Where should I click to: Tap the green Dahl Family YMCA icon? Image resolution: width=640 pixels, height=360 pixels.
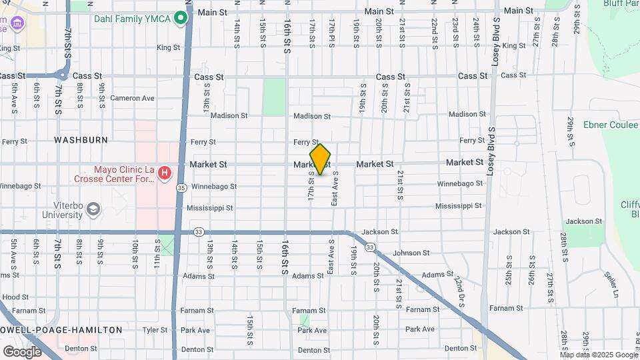[x=179, y=18]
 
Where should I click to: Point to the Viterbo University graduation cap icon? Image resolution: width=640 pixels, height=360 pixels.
[x=93, y=209]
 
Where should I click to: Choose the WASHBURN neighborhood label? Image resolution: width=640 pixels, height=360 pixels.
[x=81, y=140]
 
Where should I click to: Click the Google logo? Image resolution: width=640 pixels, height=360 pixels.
[x=22, y=351]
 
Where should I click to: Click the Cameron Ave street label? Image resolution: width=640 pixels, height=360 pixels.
[x=132, y=98]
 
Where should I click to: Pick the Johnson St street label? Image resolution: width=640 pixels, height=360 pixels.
[x=411, y=253]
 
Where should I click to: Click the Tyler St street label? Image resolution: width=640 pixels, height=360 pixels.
[x=154, y=329]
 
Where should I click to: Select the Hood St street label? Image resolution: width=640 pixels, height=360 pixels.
[x=15, y=297]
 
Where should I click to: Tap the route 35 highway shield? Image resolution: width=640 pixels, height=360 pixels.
[x=181, y=189]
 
